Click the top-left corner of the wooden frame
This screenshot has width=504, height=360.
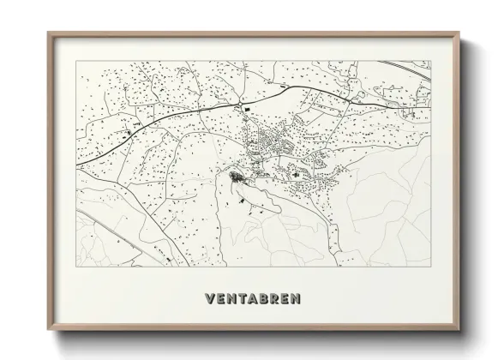point(48,33)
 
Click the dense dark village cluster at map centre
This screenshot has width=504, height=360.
point(236,178)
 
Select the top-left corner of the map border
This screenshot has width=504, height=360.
point(76,61)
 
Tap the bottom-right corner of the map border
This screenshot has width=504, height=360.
point(430,267)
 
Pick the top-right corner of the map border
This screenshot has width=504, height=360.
point(430,61)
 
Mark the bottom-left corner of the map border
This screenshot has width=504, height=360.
point(76,267)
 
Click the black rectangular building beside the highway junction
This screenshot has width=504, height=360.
point(247,109)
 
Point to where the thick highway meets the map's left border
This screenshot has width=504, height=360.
point(77,163)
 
